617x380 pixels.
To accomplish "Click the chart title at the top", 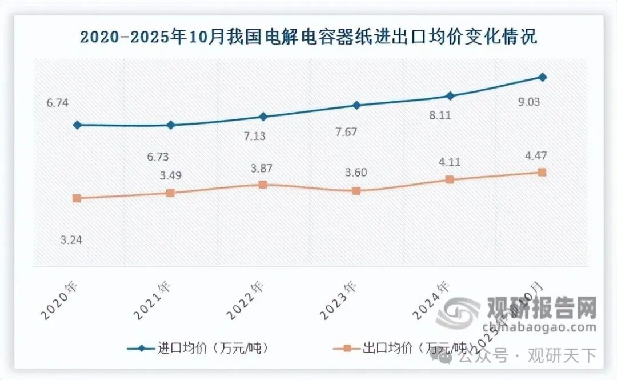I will (x=308, y=38).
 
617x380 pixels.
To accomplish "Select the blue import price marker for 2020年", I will (x=77, y=125).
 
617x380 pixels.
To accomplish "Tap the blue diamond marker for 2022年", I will (x=263, y=117).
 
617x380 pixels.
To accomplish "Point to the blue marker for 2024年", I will (x=450, y=95).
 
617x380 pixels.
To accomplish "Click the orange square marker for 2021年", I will (x=170, y=193).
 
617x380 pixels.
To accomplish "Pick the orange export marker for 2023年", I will (x=356, y=191).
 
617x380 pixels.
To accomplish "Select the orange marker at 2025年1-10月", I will (x=543, y=172).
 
